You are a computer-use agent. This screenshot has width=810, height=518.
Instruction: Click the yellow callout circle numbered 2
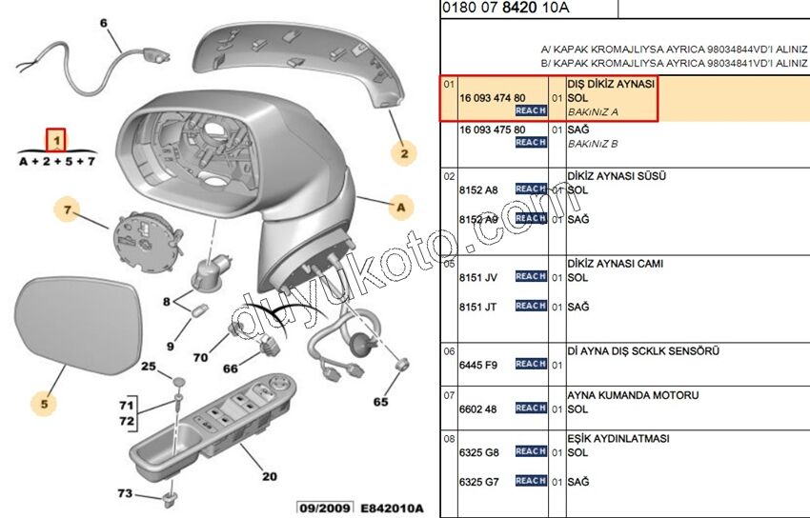click(403, 152)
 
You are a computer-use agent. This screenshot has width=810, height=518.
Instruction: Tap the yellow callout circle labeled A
click(401, 207)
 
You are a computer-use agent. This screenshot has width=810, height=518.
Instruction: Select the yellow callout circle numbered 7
click(68, 209)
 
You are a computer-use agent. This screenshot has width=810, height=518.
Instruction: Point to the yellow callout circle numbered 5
click(44, 404)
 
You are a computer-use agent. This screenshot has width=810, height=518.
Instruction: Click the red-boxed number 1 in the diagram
click(57, 141)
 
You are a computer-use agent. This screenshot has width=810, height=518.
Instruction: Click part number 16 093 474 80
click(492, 98)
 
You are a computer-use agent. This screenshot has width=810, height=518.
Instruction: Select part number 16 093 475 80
click(492, 129)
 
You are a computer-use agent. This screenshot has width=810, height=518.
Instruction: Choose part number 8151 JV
click(478, 277)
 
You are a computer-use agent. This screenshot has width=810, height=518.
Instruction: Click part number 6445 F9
click(478, 365)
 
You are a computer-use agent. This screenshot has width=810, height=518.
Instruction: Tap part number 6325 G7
click(479, 483)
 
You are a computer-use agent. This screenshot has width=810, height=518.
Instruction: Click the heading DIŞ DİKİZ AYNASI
click(611, 85)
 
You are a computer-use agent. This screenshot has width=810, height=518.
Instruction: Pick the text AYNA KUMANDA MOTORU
click(633, 394)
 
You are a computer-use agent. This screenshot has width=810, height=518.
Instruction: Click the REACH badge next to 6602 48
click(531, 408)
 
